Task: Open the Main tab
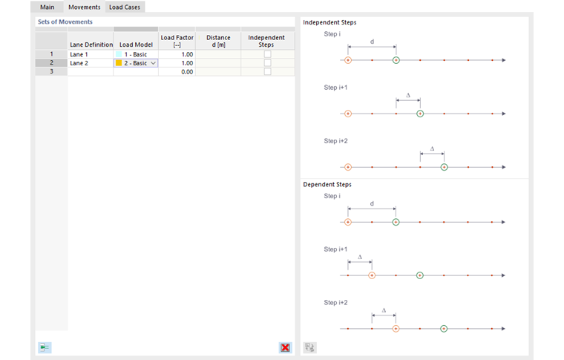point(47,7)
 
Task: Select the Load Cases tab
point(125,7)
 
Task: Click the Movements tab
point(84,7)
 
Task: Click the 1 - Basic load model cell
point(136,54)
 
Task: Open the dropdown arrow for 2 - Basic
point(154,63)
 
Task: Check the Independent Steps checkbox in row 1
point(267,54)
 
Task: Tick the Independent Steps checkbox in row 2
point(267,63)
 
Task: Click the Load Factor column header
point(177,41)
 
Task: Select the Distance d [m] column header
point(218,41)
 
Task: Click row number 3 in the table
point(51,72)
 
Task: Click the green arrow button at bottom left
point(45,347)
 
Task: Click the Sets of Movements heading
point(65,22)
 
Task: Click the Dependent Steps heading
point(327,184)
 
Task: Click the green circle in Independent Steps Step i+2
point(444,167)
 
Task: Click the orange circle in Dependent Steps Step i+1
point(372,275)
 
